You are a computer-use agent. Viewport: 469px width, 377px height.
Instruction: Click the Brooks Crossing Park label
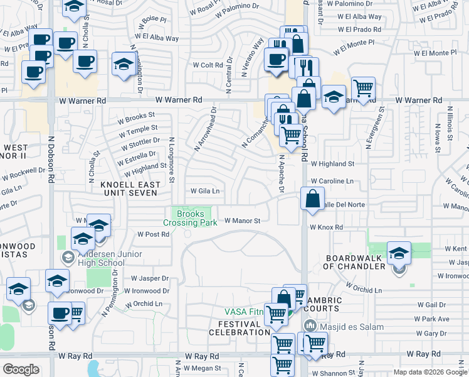190,218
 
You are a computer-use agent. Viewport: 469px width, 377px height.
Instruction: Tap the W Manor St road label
242,221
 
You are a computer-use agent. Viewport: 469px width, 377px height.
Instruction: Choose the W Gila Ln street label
205,191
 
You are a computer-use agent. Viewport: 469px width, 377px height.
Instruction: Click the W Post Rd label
154,234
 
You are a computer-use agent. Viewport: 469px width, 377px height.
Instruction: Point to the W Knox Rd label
326,227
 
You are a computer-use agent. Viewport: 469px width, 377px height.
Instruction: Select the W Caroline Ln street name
332,181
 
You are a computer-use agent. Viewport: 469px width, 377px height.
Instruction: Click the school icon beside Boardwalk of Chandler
399,253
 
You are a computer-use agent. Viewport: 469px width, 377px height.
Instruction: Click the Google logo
21,369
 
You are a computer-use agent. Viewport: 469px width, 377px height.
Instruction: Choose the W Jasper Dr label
150,278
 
